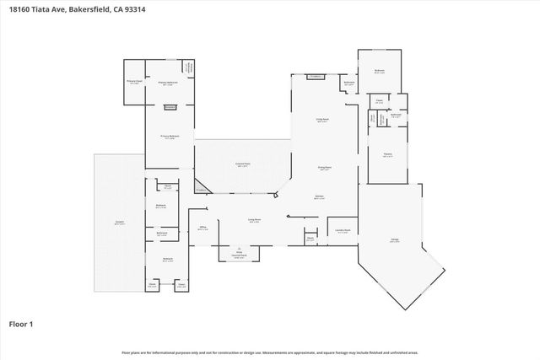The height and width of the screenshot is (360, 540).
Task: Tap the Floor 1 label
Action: click(x=22, y=323)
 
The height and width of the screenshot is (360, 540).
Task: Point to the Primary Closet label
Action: click(x=134, y=82)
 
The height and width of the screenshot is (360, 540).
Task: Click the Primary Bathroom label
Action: click(x=168, y=82)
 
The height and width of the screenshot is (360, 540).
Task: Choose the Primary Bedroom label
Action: click(x=169, y=137)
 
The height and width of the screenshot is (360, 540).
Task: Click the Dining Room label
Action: click(x=323, y=167)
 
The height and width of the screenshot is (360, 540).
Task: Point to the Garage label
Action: click(x=394, y=239)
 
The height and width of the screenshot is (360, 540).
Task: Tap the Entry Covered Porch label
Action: click(x=239, y=255)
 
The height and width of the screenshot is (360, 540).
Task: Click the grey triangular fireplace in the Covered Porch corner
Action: click(x=202, y=187)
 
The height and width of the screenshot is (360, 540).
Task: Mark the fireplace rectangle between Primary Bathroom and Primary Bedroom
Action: click(x=170, y=107)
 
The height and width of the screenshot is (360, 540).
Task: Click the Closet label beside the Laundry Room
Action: click(x=310, y=239)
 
